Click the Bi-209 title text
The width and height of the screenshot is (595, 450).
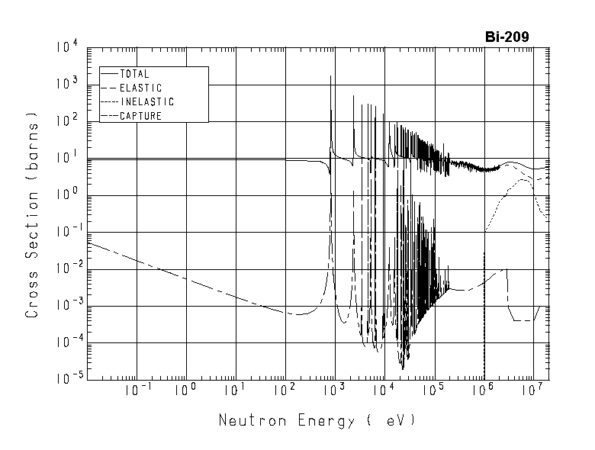(x=507, y=36)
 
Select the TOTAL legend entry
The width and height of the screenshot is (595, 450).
(x=134, y=74)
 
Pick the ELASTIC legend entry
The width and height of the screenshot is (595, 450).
(x=140, y=88)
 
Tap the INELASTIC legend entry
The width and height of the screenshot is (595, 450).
(x=146, y=101)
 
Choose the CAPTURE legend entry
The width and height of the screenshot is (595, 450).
(x=140, y=116)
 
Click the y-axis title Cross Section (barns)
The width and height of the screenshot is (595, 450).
(x=33, y=216)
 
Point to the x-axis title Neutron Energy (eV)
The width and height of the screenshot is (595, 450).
(x=317, y=420)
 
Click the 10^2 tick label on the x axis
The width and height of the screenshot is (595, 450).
(x=285, y=391)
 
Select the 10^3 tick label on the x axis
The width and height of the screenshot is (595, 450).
(x=335, y=391)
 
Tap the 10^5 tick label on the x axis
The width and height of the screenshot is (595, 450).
(x=434, y=391)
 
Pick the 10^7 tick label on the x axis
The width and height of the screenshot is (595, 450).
(x=533, y=391)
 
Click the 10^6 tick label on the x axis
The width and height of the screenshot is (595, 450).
(x=484, y=391)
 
